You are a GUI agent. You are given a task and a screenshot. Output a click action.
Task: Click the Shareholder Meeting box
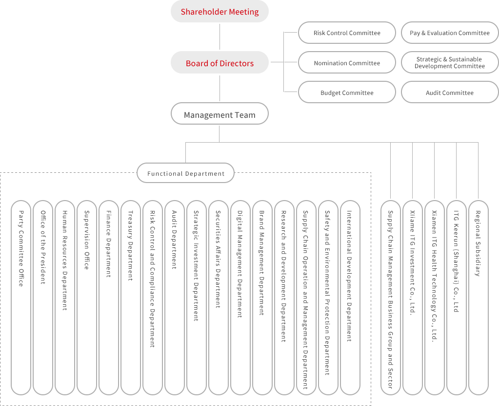[x=220, y=12]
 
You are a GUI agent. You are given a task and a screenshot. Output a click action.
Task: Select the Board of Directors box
[x=220, y=63]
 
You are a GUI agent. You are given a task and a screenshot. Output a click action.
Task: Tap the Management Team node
[x=220, y=115]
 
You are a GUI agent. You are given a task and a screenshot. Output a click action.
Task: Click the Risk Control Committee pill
[x=347, y=33]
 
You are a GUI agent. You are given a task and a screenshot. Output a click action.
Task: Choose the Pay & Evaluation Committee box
[x=449, y=33]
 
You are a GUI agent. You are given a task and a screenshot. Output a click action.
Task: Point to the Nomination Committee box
[x=347, y=63]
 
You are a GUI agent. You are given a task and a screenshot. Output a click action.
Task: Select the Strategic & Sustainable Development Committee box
[x=449, y=63]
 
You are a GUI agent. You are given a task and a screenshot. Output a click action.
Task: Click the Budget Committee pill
[x=347, y=92]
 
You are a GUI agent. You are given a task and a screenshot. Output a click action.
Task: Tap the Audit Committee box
[x=449, y=92]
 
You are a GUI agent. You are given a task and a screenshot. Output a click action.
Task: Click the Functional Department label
[x=186, y=173]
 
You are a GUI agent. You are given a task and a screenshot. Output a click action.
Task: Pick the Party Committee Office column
[x=21, y=297]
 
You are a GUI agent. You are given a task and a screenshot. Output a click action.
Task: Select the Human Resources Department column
[x=65, y=297]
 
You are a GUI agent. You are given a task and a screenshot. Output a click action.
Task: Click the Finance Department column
[x=109, y=297]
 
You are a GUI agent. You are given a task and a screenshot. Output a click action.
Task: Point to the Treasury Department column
[x=131, y=297]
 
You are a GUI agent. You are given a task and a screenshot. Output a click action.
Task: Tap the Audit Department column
[x=175, y=297]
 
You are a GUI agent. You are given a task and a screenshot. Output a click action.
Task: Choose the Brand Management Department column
[x=262, y=297]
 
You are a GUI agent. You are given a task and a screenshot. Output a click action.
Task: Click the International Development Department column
[x=350, y=297]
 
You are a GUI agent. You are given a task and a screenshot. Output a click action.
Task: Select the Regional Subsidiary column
[x=478, y=297]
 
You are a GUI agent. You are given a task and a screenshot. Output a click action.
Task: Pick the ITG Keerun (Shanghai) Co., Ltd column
[x=456, y=297]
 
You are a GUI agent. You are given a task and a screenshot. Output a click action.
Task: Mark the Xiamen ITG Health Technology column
[x=434, y=297]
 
